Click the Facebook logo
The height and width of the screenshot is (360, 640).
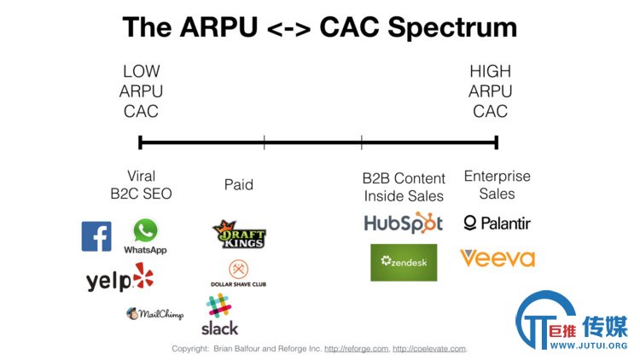pos(96,236)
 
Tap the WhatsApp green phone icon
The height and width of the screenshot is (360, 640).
pos(145,230)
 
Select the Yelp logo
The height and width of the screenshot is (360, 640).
pos(119,277)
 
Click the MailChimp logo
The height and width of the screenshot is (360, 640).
pos(154,313)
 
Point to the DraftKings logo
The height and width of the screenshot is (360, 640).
pos(239,235)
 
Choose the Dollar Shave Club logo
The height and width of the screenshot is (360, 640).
pos(238,273)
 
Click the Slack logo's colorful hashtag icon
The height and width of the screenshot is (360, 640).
pos(218,305)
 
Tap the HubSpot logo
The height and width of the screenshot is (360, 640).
pos(404,223)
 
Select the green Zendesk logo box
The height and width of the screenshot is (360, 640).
pos(404,263)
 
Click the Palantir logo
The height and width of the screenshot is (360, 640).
pos(497,224)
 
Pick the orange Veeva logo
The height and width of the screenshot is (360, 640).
pos(497,258)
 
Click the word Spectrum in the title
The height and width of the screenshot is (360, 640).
pos(452,28)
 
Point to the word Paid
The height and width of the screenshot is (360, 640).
pos(239,184)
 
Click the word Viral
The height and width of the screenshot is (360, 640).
pos(141,176)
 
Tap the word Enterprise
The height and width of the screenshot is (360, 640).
pos(497,176)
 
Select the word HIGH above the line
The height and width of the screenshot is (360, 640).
pos(490,72)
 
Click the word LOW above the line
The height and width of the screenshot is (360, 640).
pos(141,72)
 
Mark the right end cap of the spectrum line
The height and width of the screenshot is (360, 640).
pos(497,142)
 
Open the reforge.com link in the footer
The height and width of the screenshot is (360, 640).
pos(357,349)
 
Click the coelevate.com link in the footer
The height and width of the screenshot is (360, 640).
pos(429,349)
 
